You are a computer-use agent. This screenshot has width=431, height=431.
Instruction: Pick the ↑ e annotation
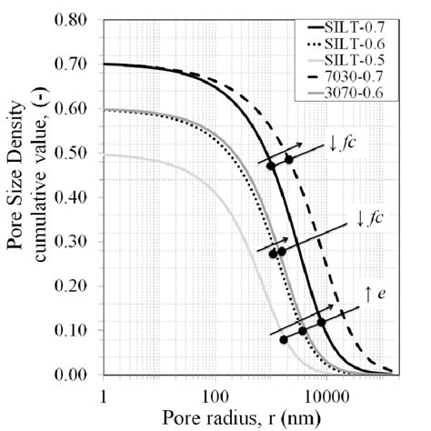(365, 292)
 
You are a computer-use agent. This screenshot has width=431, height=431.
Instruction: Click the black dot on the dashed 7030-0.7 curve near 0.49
(289, 159)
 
